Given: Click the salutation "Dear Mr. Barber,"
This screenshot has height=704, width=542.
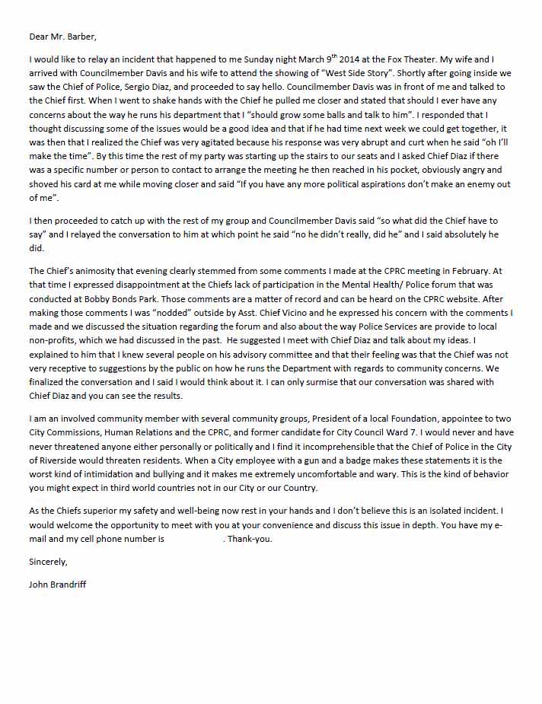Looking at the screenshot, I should point(63,36).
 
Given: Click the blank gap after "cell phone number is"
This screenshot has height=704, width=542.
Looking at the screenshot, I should point(194,539).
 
